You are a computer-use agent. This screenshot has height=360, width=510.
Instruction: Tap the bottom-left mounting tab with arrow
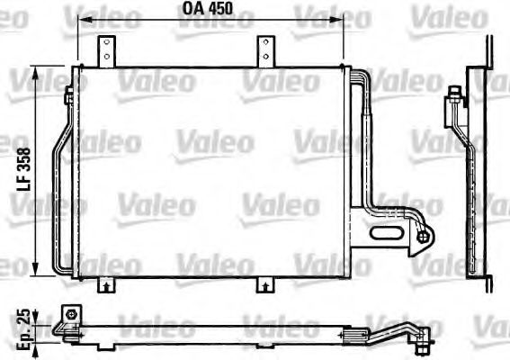(105, 285)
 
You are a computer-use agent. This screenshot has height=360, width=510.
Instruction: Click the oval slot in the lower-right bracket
(387, 236)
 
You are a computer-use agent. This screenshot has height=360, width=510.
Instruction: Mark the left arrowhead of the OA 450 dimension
(81, 22)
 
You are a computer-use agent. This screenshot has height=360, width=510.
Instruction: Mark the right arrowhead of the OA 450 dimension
(342, 22)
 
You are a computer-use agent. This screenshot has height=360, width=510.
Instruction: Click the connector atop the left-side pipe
(70, 96)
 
